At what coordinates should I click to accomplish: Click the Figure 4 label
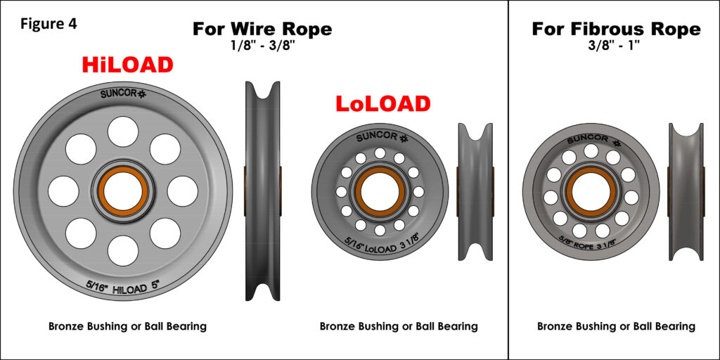tap(49, 23)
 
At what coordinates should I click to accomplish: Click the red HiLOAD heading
tap(127, 65)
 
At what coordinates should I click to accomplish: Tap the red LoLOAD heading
tap(382, 103)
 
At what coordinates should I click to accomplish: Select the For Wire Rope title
tap(262, 29)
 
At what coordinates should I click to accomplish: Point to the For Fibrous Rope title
tap(616, 29)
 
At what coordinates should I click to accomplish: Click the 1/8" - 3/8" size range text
tap(262, 47)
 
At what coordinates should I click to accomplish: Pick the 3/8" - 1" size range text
tap(616, 47)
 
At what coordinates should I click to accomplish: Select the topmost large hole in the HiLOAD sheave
tap(122, 131)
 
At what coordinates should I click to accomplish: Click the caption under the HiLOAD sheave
tap(127, 326)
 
